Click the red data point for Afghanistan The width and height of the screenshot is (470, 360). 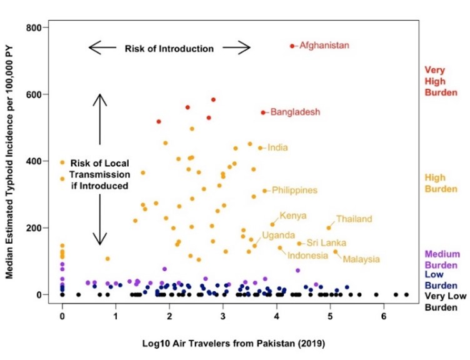coord(292,46)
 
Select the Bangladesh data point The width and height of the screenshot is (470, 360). coord(262,112)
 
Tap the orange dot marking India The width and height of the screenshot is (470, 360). coord(260,148)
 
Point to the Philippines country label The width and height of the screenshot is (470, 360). coord(294,190)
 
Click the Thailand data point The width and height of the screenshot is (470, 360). coord(329,227)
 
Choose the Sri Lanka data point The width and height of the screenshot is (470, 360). coord(299,243)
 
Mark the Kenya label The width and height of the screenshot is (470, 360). coord(292,216)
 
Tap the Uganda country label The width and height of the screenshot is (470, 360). coord(278,235)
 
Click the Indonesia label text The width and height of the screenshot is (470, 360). coord(307,255)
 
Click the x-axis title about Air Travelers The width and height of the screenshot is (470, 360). coord(223,344)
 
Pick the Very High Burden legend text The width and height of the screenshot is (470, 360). coord(437,81)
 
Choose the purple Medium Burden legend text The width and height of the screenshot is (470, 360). coord(442,259)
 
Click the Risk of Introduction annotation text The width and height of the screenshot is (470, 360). coord(169,48)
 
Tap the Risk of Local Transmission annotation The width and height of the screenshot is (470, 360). coord(99,172)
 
